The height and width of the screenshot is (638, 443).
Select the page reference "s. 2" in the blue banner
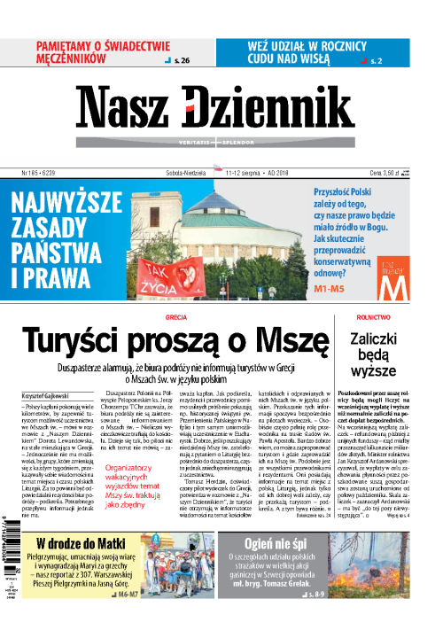376,61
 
